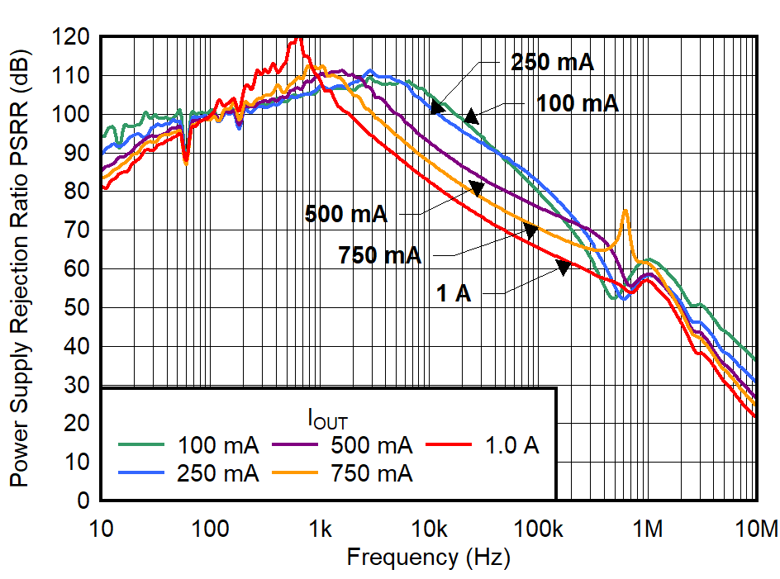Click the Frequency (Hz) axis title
428,557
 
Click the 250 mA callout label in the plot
552,63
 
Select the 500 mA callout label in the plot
345,214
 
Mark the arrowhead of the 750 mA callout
530,230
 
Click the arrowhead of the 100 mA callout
471,116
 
